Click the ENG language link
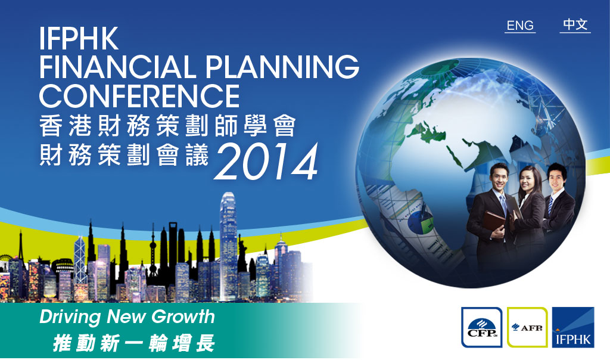(520, 26)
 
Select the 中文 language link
(575, 25)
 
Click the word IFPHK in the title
(79, 38)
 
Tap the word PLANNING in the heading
(282, 67)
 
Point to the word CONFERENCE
(139, 96)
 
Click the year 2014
(266, 162)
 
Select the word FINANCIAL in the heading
(117, 67)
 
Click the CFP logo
(481, 327)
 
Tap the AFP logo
(527, 327)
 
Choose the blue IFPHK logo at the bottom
(573, 327)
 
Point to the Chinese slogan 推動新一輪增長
(134, 343)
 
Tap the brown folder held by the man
(493, 225)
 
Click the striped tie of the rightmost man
(550, 206)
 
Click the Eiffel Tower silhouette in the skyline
(21, 249)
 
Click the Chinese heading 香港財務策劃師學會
(167, 126)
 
